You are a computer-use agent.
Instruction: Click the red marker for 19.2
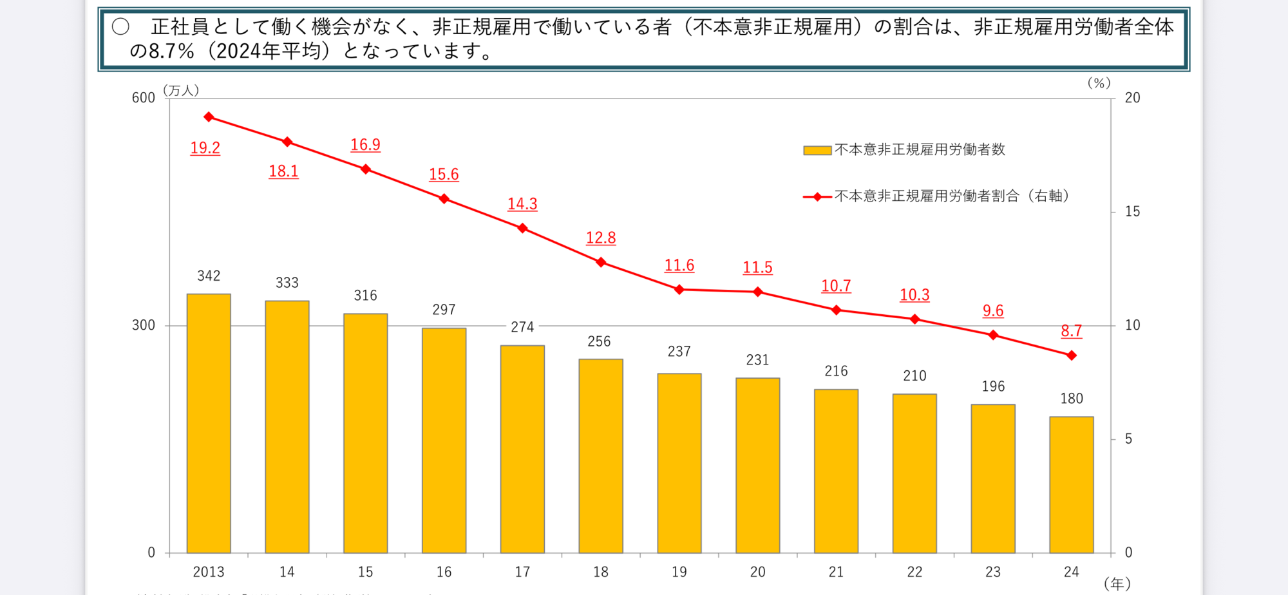click(x=209, y=117)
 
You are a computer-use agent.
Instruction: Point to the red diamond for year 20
click(x=758, y=292)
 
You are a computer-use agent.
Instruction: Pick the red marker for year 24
click(x=1072, y=355)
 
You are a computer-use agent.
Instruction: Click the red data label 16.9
click(x=365, y=145)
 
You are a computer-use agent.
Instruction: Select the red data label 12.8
click(x=601, y=238)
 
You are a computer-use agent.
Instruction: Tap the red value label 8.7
click(x=1072, y=331)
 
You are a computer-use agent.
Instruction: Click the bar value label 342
click(x=209, y=276)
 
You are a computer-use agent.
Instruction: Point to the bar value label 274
click(x=522, y=327)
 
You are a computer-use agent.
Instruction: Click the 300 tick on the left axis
click(x=144, y=325)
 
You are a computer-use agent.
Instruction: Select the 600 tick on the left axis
click(x=144, y=98)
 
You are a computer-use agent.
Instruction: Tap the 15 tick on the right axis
click(x=1132, y=212)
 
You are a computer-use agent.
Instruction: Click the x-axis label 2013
click(x=209, y=572)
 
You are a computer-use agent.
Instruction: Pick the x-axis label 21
click(x=836, y=572)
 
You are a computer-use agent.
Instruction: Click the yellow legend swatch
click(x=817, y=151)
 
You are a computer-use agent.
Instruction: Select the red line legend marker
click(x=817, y=196)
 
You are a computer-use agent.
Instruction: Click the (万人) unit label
click(x=181, y=90)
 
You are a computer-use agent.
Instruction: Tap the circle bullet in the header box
click(x=120, y=26)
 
